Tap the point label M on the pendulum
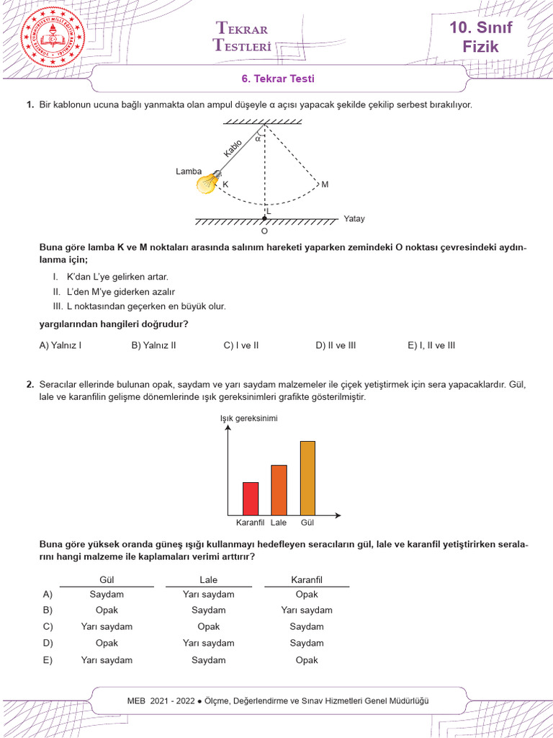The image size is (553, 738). pos(325,184)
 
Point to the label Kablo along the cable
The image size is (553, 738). pos(233,150)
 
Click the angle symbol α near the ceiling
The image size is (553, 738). pos(257,138)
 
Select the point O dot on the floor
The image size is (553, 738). pos(264,218)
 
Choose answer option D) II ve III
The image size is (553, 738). pos(336,345)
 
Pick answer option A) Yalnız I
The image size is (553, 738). pos(60,345)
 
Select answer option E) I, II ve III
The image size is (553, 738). pos(431,345)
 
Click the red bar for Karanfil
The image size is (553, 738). pos(251,498)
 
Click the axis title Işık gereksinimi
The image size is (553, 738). pos(249,419)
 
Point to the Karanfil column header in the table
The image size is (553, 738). pos(307,579)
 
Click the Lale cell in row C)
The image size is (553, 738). pos(209,627)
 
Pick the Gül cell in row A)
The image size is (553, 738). pos(107,595)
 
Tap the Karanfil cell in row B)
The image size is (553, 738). pos(307,610)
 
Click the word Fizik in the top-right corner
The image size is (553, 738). pos(481,48)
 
